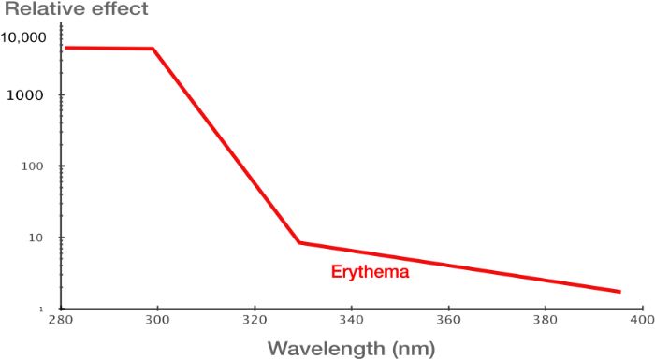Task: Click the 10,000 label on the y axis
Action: (x=23, y=37)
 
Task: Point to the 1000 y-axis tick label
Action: (x=25, y=95)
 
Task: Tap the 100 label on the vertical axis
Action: (x=32, y=166)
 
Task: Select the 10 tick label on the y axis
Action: (x=36, y=238)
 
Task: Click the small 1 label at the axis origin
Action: (x=41, y=310)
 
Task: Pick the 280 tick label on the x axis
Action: (x=61, y=320)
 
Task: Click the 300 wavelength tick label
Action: (x=157, y=320)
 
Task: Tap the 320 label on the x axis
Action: (x=255, y=320)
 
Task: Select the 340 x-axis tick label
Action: (x=351, y=320)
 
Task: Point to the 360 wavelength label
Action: (x=448, y=320)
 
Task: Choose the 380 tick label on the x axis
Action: (x=546, y=320)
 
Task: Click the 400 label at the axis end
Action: (x=641, y=320)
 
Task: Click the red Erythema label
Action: (x=371, y=272)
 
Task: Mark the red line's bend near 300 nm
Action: (x=153, y=49)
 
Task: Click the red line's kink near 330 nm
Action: (x=299, y=242)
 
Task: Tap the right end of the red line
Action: (x=619, y=292)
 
